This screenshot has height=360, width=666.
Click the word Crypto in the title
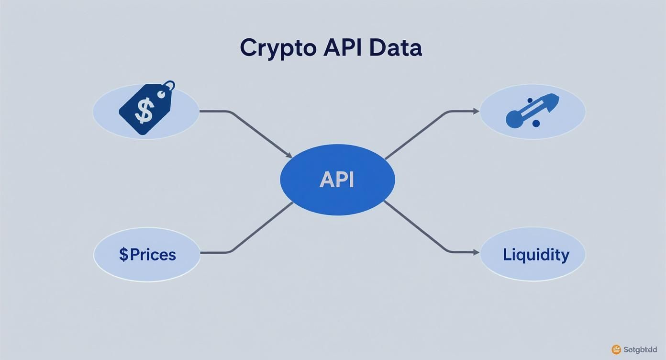pyautogui.click(x=277, y=48)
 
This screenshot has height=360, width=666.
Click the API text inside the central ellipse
pyautogui.click(x=337, y=180)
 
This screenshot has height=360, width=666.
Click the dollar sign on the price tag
pyautogui.click(x=144, y=110)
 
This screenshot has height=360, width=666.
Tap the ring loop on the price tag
pyautogui.click(x=168, y=87)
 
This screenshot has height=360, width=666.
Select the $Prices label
pyautogui.click(x=147, y=254)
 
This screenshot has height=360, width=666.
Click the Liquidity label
pyautogui.click(x=536, y=254)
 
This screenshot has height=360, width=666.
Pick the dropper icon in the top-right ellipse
pyautogui.click(x=532, y=111)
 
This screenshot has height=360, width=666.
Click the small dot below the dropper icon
pyautogui.click(x=536, y=124)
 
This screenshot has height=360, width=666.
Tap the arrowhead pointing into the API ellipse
pyautogui.click(x=289, y=155)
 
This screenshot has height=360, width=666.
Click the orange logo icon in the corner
pyautogui.click(x=616, y=349)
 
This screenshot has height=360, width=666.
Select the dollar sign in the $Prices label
pyautogui.click(x=124, y=254)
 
